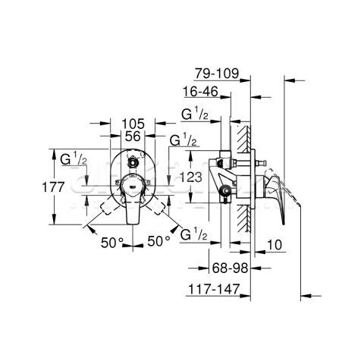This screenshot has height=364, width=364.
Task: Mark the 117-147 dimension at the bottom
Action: click(214, 288)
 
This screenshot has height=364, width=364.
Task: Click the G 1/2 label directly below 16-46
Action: click(196, 115)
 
